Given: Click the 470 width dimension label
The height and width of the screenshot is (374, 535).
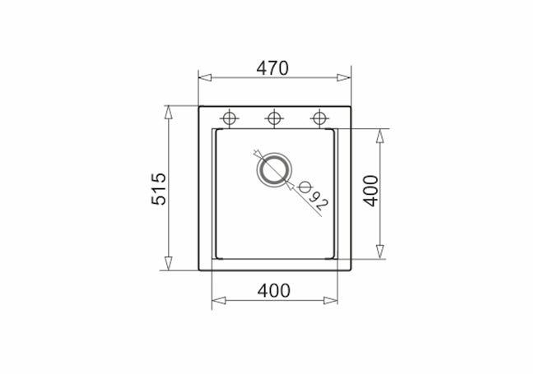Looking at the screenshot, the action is (x=272, y=68).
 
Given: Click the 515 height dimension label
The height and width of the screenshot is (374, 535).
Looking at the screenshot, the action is (x=159, y=189).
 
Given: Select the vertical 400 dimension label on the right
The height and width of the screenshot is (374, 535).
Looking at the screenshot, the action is (x=371, y=191).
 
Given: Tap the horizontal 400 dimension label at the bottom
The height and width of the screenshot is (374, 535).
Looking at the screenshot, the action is (x=274, y=290).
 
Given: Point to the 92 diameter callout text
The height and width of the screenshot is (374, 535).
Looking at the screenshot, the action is (x=319, y=201).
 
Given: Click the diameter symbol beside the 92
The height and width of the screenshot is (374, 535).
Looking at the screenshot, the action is (x=305, y=187).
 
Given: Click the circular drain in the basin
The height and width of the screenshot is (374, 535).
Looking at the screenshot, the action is (x=274, y=169).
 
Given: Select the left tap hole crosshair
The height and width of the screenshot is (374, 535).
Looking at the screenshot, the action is (x=230, y=118).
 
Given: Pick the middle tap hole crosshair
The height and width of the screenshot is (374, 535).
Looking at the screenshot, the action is (x=274, y=118).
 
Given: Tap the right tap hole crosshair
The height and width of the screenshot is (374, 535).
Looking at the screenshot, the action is (x=319, y=118).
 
